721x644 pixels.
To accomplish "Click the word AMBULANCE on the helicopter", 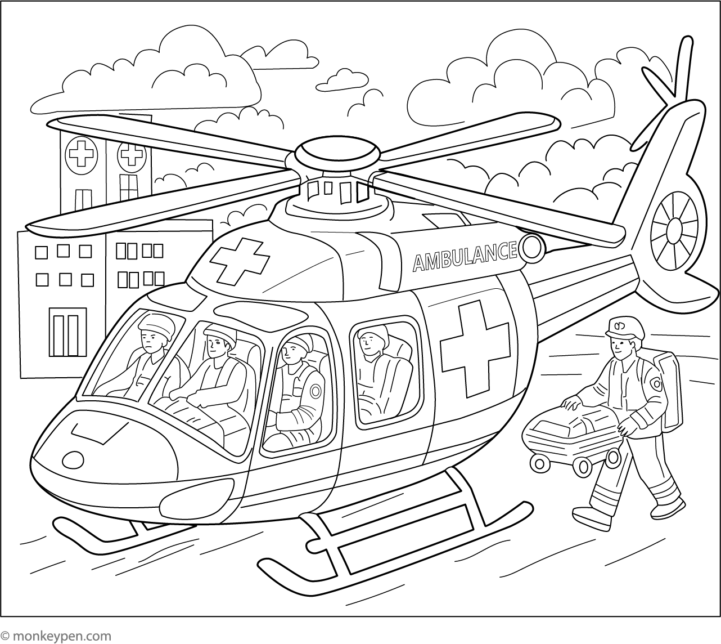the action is pyautogui.click(x=465, y=256).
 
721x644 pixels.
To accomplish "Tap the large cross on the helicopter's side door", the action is pyautogui.click(x=475, y=349).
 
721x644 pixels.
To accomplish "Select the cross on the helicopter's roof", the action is pyautogui.click(x=240, y=261).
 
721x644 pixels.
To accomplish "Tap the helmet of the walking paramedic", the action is pyautogui.click(x=625, y=328).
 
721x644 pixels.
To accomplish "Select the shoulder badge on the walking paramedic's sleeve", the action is pyautogui.click(x=656, y=383).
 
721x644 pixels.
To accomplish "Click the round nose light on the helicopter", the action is pyautogui.click(x=73, y=460).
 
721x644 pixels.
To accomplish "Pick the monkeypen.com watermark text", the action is pyautogui.click(x=56, y=636).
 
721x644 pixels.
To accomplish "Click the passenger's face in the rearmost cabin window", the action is pyautogui.click(x=369, y=341).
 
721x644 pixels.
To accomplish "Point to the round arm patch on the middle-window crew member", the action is pyautogui.click(x=316, y=391).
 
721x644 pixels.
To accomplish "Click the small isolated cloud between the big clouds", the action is pyautogui.click(x=342, y=80).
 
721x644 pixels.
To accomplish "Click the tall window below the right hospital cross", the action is pyautogui.click(x=129, y=187).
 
